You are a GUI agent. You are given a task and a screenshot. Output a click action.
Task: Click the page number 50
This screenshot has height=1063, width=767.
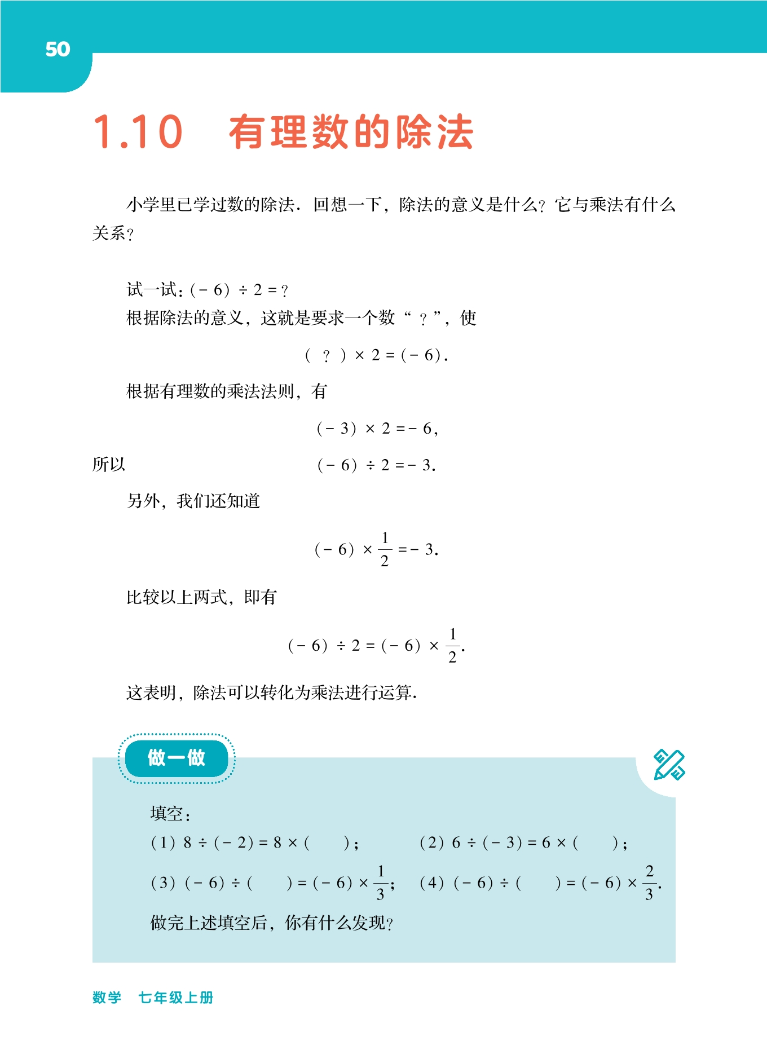(58, 49)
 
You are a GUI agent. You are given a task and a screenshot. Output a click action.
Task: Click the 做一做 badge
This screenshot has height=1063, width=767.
(176, 758)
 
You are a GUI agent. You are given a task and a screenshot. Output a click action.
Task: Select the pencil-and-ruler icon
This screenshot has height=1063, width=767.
(669, 765)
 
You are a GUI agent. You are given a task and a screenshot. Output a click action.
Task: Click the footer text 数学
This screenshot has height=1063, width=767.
(107, 998)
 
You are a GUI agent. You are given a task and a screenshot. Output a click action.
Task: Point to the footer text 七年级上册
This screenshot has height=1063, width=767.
(176, 998)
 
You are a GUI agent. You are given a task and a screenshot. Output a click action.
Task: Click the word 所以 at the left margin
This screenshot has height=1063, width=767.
(109, 465)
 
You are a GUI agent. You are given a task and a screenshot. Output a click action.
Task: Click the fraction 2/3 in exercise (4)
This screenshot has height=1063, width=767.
(650, 883)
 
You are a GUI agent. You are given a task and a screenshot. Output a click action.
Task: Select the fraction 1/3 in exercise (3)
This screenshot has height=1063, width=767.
(381, 883)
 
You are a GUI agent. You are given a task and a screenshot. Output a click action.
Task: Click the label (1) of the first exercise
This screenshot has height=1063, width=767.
(163, 843)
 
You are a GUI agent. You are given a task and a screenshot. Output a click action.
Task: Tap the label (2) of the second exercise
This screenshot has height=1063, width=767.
(431, 843)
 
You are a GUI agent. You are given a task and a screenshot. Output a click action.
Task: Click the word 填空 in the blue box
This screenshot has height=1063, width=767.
(167, 814)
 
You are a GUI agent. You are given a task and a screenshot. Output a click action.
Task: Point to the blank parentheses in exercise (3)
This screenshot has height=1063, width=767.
(270, 883)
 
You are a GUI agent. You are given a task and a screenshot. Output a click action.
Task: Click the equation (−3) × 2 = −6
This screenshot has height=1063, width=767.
(377, 429)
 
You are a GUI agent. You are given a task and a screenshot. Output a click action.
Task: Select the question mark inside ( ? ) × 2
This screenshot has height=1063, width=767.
(326, 356)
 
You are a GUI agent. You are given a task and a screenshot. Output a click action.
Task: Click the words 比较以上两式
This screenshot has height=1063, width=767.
(176, 597)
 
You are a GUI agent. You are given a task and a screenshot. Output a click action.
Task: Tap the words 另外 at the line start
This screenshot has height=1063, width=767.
(143, 501)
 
